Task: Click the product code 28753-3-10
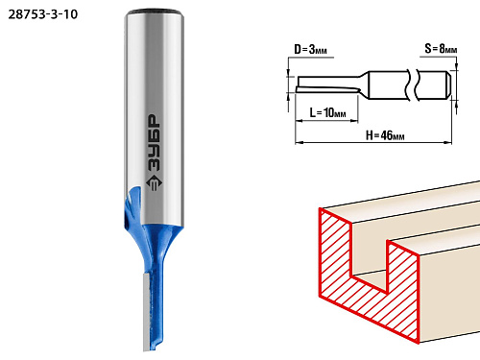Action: click(x=43, y=14)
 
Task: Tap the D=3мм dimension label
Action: click(x=310, y=50)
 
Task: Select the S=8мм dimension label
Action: click(x=441, y=49)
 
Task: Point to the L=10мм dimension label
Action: click(x=327, y=112)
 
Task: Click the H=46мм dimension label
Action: click(x=385, y=135)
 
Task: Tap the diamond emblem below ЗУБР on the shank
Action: click(x=154, y=183)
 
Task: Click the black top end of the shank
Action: click(x=154, y=12)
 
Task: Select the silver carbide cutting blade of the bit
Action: click(x=147, y=312)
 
